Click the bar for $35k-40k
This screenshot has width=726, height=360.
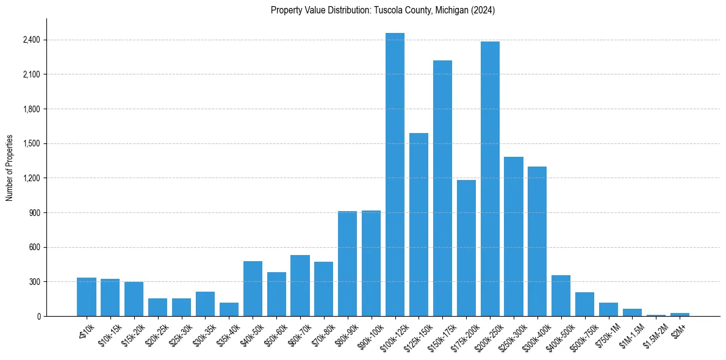[x=229, y=309]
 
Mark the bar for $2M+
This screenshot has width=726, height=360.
[x=680, y=314]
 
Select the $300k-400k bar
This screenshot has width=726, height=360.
[x=537, y=241]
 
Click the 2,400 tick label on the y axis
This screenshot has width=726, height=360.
[x=31, y=40]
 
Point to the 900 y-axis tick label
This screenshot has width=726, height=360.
[x=34, y=213]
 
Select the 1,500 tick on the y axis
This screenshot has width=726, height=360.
[x=31, y=144]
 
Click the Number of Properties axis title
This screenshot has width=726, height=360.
[x=10, y=167]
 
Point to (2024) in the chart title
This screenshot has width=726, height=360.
[x=482, y=10]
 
